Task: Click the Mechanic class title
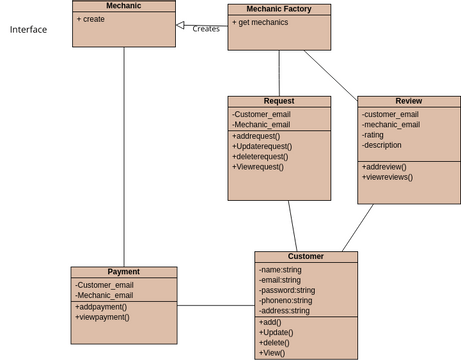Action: (123, 6)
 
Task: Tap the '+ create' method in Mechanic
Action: (92, 19)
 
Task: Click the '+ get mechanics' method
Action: (261, 22)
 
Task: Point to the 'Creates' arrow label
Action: (206, 29)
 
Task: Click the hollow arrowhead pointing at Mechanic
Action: (180, 24)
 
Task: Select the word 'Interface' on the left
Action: (28, 30)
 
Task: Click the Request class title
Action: (278, 101)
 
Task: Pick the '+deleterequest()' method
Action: (260, 156)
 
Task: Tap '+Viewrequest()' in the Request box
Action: (258, 167)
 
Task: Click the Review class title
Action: (408, 101)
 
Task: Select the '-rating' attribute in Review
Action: (373, 135)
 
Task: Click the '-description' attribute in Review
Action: (382, 146)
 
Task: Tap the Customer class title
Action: (305, 256)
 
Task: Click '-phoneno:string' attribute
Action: (285, 300)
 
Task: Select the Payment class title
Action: (123, 271)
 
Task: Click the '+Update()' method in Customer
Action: (276, 332)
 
